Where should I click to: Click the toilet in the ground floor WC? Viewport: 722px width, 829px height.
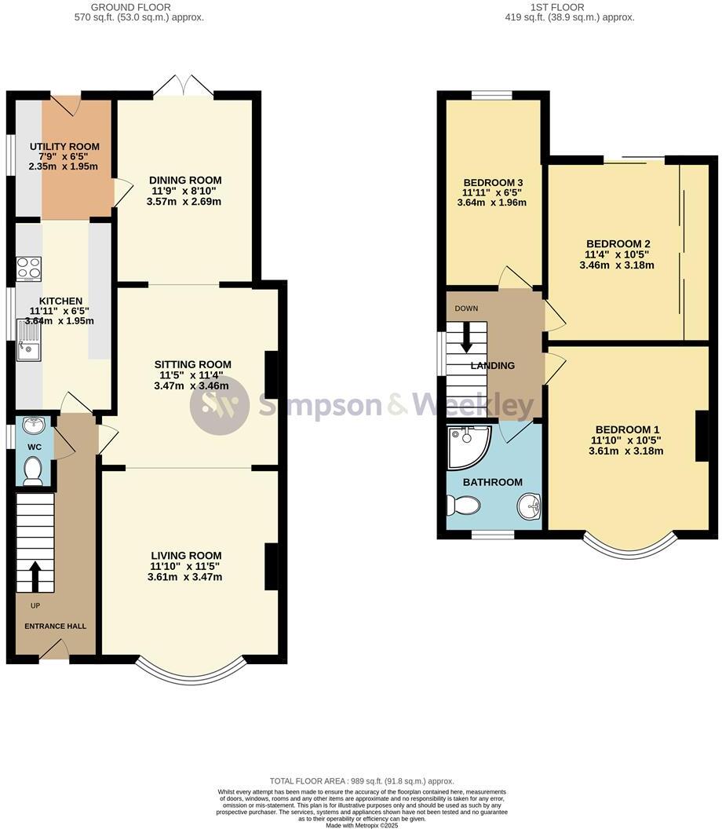point(33,471)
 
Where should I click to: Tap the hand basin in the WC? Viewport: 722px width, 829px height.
point(33,427)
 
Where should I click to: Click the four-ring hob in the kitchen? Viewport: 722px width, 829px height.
point(29,268)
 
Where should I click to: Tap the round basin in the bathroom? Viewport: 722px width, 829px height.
point(528,507)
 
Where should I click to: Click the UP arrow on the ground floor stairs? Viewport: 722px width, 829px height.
point(35,577)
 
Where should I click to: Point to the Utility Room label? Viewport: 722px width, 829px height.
point(64,147)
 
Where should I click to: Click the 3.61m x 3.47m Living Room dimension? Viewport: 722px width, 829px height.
point(185,577)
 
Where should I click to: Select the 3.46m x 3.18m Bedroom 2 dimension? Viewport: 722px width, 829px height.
point(616,265)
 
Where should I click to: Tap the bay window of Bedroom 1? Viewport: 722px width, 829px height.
point(629,548)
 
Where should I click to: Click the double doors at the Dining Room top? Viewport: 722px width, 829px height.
point(184,87)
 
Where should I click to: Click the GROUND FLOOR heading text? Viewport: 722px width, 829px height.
point(131,6)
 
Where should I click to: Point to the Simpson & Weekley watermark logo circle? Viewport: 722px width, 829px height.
point(220,405)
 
